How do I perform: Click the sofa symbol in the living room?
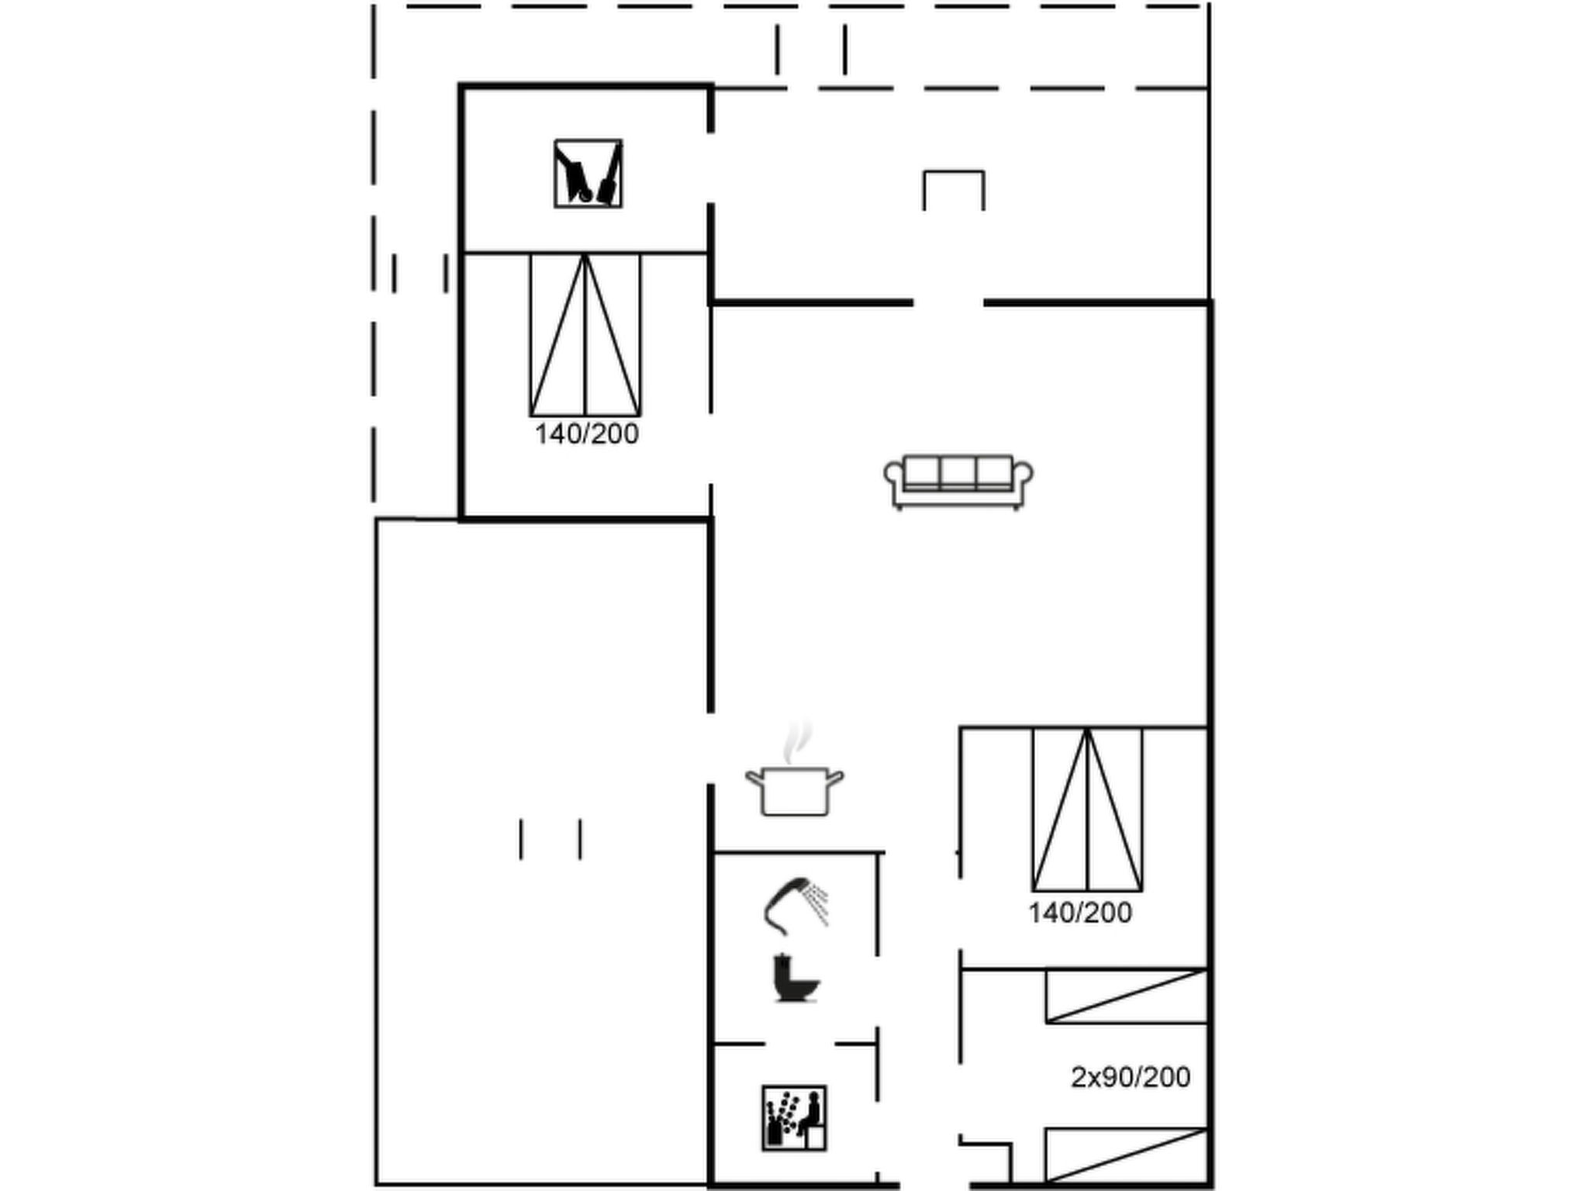[958, 482]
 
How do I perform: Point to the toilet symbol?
[796, 979]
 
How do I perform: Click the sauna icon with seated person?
[794, 1117]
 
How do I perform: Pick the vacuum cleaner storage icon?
[588, 174]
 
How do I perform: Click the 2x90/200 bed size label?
[1131, 1077]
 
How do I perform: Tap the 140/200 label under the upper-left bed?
[587, 433]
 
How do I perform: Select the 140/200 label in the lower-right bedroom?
[1080, 913]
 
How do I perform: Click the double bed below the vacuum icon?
[585, 334]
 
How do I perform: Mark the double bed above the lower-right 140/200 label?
[1087, 809]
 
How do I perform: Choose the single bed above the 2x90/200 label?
[1127, 996]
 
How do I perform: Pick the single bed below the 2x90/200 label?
[1127, 1155]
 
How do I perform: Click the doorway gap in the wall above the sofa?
[948, 303]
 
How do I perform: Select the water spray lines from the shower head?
[816, 903]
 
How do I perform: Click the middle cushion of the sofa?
[958, 471]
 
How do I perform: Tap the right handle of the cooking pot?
[835, 778]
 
